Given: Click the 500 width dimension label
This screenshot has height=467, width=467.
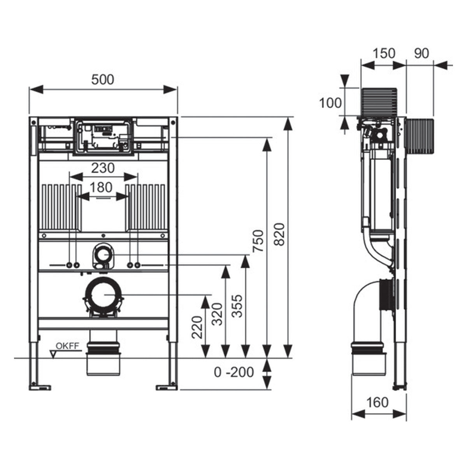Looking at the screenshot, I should tap(103, 79).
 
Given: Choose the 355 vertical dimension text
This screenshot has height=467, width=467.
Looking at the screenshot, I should tap(238, 306).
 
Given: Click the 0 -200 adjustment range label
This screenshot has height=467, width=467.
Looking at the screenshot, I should tap(233, 372).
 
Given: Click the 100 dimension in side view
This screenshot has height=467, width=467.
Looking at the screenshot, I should tap(330, 103).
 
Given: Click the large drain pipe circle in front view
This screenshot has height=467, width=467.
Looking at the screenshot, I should tap(104, 295).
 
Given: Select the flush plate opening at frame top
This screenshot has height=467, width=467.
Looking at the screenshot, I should tap(103, 136).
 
